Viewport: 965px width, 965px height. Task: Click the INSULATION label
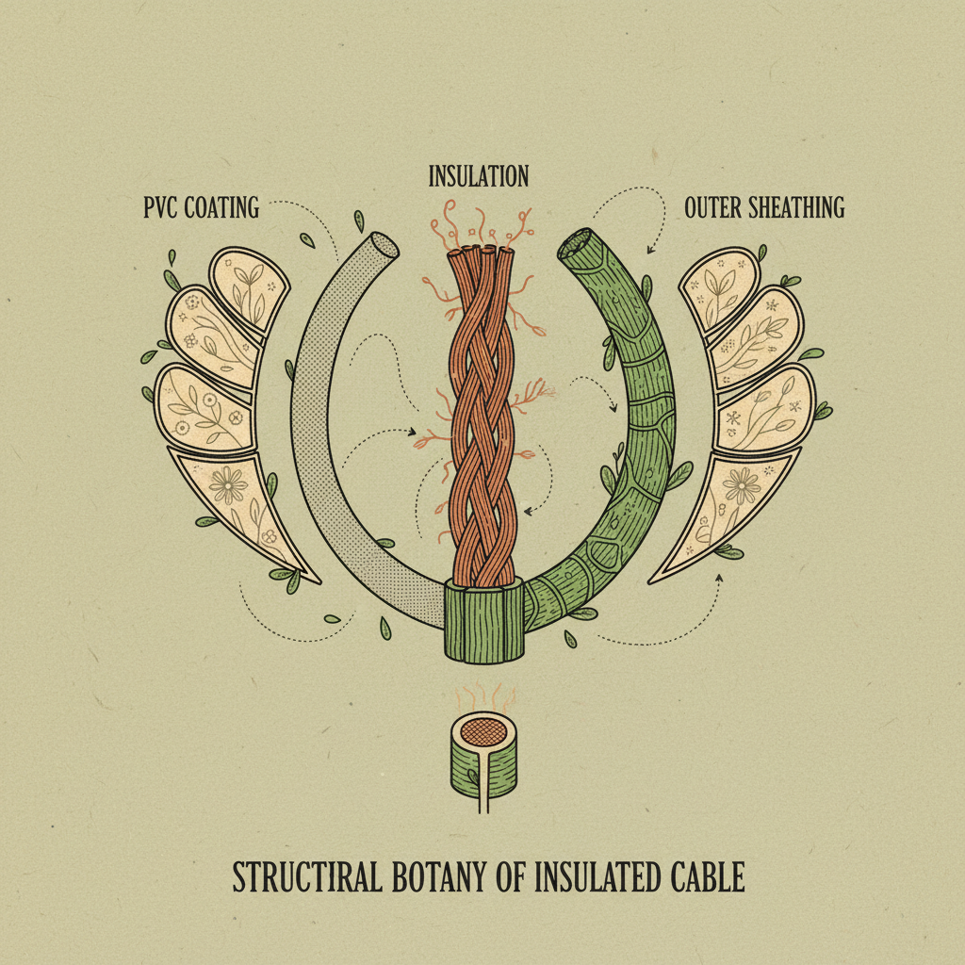(479, 176)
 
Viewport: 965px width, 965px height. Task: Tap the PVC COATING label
(201, 207)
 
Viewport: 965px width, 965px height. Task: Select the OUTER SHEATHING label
(764, 207)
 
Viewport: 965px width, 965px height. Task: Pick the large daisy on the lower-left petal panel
(228, 486)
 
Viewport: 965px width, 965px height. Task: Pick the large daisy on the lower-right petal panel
(742, 486)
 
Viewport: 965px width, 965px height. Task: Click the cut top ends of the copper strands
(481, 253)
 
